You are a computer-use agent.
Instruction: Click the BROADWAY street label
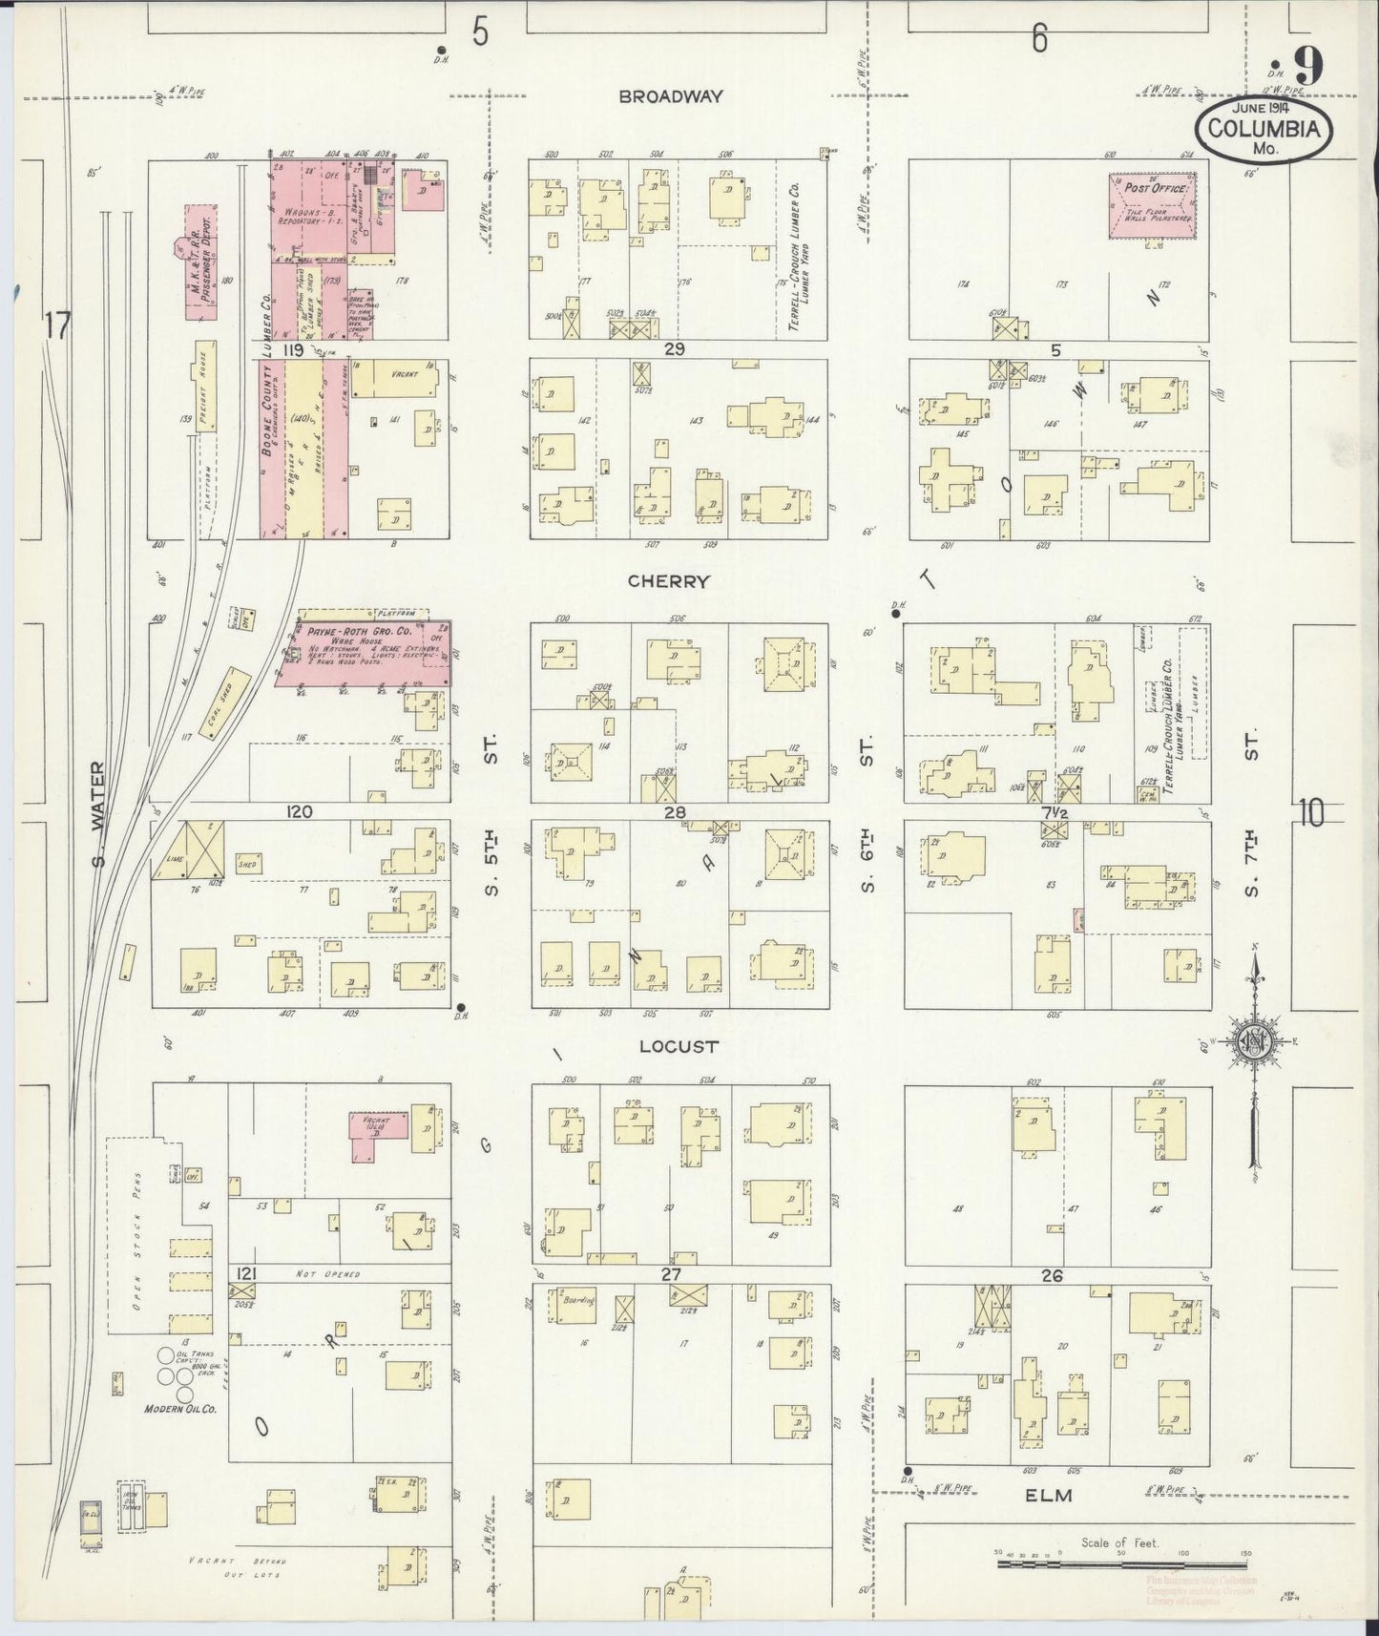(670, 96)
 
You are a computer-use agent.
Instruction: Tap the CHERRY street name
(669, 581)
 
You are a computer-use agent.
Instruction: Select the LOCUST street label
(678, 1046)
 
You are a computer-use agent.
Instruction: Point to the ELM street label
(1050, 1496)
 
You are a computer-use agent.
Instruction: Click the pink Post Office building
(1154, 205)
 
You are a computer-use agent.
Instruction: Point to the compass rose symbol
(1253, 1042)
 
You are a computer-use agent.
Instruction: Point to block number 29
(675, 349)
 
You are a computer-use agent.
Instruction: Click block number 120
(299, 811)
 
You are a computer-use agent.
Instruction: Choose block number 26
(1054, 1275)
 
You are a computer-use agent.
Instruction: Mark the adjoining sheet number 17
(56, 326)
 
